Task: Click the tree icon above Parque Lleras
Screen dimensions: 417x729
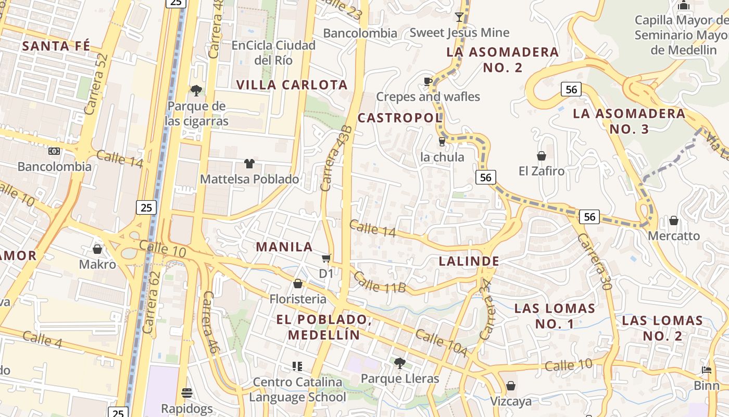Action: pyautogui.click(x=399, y=363)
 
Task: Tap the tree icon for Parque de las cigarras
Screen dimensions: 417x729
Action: pyautogui.click(x=196, y=91)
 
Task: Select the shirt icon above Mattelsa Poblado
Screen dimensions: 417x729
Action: pyautogui.click(x=249, y=164)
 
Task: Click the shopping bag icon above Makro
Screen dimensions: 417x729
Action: pyautogui.click(x=97, y=249)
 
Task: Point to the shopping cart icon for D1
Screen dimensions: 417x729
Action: pyautogui.click(x=326, y=258)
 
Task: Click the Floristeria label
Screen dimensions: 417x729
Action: pyautogui.click(x=298, y=299)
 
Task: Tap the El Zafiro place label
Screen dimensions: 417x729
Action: pyautogui.click(x=542, y=170)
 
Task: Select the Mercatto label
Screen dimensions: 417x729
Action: pyautogui.click(x=674, y=236)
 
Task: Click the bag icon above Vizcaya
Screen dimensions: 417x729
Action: pyautogui.click(x=511, y=386)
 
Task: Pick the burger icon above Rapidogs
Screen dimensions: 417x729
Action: pyautogui.click(x=187, y=393)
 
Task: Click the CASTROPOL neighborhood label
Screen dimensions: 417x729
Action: pyautogui.click(x=400, y=118)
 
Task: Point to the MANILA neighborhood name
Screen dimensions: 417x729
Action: pyautogui.click(x=284, y=247)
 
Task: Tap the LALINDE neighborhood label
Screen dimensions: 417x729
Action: pyautogui.click(x=469, y=261)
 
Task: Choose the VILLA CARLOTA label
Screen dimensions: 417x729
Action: pyautogui.click(x=292, y=85)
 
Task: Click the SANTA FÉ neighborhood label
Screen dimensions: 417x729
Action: pyautogui.click(x=56, y=46)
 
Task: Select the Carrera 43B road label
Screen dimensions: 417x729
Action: pyautogui.click(x=337, y=158)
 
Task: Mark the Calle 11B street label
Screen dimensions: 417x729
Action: pyautogui.click(x=379, y=282)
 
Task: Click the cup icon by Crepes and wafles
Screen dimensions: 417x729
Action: pyautogui.click(x=428, y=81)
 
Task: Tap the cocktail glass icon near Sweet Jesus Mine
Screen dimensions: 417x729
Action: pyautogui.click(x=459, y=17)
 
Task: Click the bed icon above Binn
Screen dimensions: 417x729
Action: pyautogui.click(x=707, y=371)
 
